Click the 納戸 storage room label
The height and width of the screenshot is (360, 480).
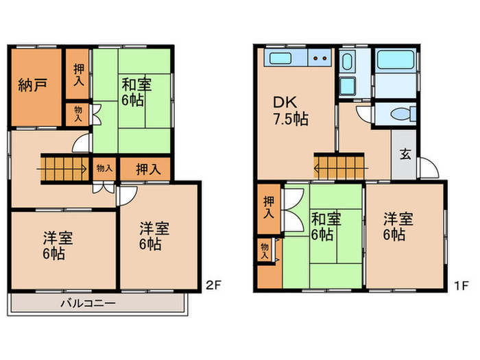click(x=32, y=87)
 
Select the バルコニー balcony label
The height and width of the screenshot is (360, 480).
click(x=88, y=302)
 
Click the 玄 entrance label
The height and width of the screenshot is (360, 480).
click(x=405, y=154)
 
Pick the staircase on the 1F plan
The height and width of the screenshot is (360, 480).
click(x=340, y=166)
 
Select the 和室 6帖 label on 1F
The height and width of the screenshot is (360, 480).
click(x=326, y=227)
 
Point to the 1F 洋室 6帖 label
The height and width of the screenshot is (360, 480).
click(x=398, y=227)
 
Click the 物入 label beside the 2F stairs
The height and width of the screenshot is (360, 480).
click(x=105, y=168)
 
